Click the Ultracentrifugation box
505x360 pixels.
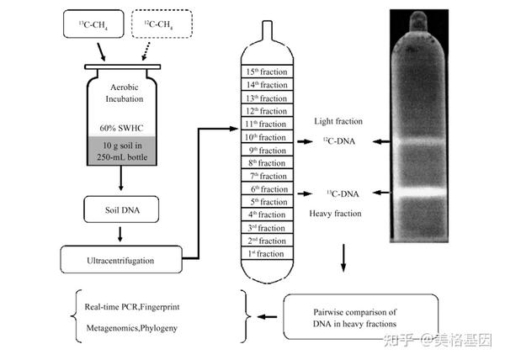tap(122, 260)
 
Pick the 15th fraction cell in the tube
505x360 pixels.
tap(264, 73)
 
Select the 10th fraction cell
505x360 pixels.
tap(264, 137)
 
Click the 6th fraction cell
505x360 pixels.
tap(264, 188)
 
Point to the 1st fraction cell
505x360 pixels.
tap(264, 253)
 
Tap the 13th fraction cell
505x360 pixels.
tap(264, 98)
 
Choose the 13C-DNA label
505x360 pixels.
tap(342, 193)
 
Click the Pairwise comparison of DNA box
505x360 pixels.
tap(353, 317)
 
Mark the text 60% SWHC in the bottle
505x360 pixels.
tap(123, 127)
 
